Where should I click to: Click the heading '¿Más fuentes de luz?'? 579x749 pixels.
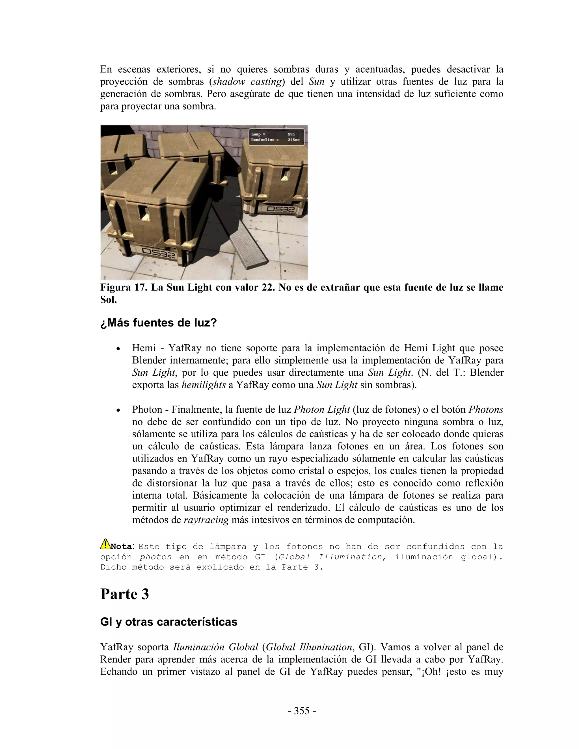point(159,323)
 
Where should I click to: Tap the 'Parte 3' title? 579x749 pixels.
point(124,594)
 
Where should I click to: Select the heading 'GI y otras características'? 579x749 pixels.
point(168,622)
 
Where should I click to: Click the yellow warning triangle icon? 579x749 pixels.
point(105,544)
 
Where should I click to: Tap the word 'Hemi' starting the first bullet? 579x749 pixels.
point(143,348)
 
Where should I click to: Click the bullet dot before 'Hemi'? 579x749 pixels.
point(118,349)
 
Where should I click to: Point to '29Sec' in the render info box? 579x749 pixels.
point(294,140)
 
